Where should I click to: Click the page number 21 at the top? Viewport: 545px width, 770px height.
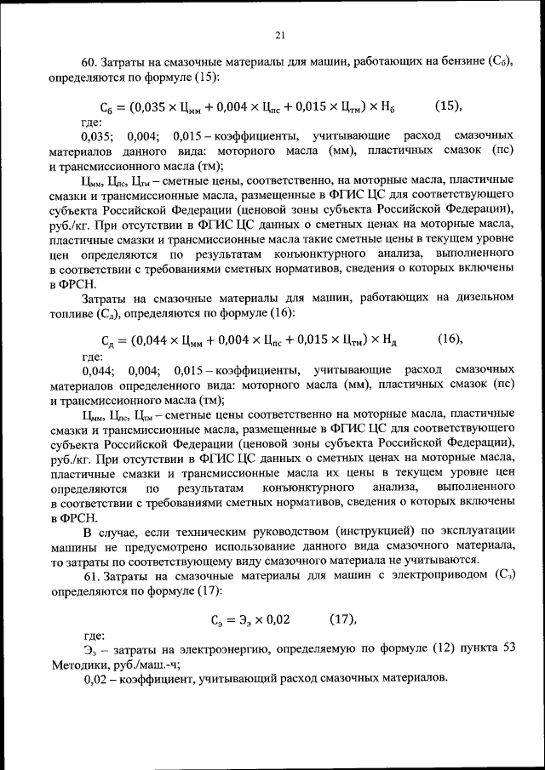pyautogui.click(x=279, y=35)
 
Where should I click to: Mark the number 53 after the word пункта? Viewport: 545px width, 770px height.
pyautogui.click(x=508, y=651)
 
